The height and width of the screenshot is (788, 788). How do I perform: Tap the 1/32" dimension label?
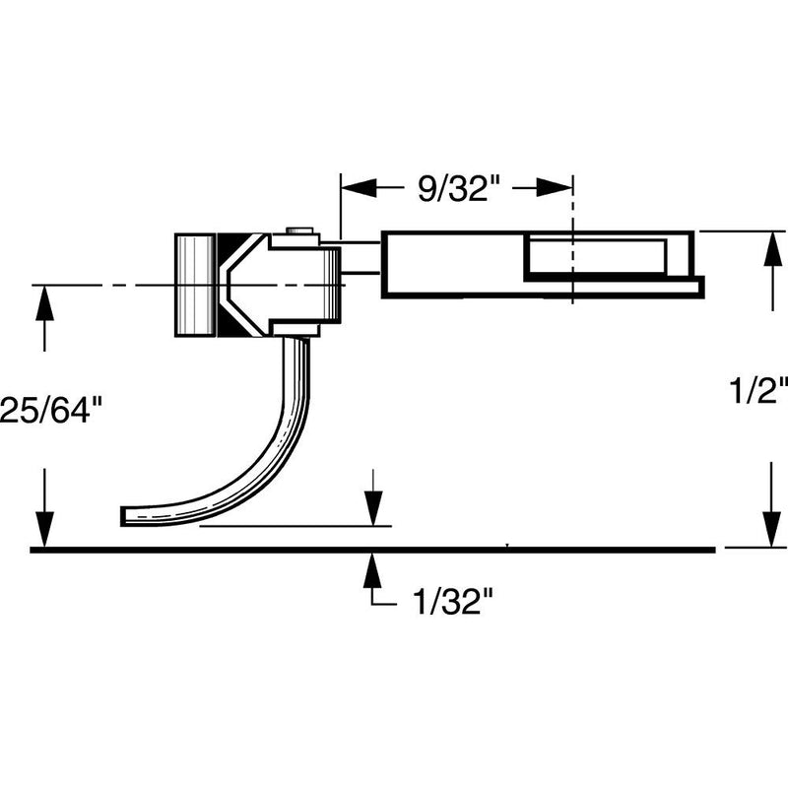click(x=447, y=602)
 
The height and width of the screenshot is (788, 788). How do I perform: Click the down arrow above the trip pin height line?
click(x=372, y=512)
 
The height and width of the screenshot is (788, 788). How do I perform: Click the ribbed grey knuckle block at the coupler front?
click(x=195, y=286)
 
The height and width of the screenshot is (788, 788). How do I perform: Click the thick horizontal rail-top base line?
click(x=295, y=549)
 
